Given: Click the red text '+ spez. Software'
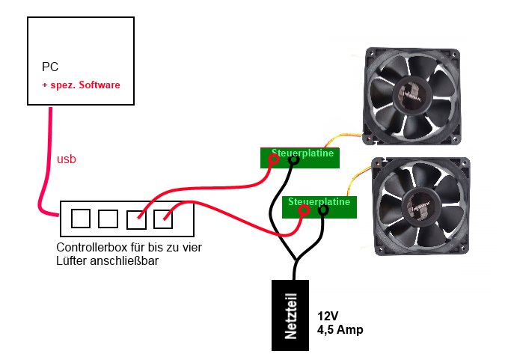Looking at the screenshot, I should (x=81, y=86).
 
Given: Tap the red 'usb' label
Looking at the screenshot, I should (x=67, y=159).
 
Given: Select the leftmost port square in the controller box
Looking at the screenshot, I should (x=80, y=218).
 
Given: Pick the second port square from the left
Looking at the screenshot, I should (x=108, y=219).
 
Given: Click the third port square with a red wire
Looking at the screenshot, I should (x=136, y=219).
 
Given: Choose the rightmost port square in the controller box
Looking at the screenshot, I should (x=164, y=219).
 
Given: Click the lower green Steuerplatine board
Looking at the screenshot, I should (x=320, y=207).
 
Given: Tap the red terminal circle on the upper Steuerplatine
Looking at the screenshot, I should (x=275, y=159).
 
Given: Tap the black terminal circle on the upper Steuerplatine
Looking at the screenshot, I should (x=293, y=159).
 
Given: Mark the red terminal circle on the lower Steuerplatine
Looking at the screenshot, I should (x=304, y=211).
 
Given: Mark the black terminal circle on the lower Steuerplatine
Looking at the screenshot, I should (x=323, y=211).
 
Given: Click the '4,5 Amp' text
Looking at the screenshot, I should (x=340, y=329).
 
